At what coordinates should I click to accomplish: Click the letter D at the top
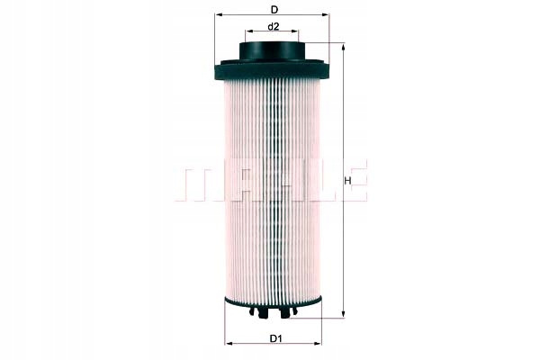[274, 10]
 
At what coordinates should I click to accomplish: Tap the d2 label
[273, 26]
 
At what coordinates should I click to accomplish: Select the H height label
[347, 181]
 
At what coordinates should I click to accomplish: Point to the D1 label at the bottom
[275, 338]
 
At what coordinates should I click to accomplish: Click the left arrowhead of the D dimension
[218, 14]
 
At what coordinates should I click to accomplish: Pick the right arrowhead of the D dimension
[326, 14]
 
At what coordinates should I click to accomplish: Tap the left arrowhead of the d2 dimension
[249, 31]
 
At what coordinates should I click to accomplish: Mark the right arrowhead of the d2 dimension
[295, 31]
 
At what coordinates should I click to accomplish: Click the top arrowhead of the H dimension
[343, 47]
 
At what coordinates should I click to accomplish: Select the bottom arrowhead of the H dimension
[343, 314]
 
